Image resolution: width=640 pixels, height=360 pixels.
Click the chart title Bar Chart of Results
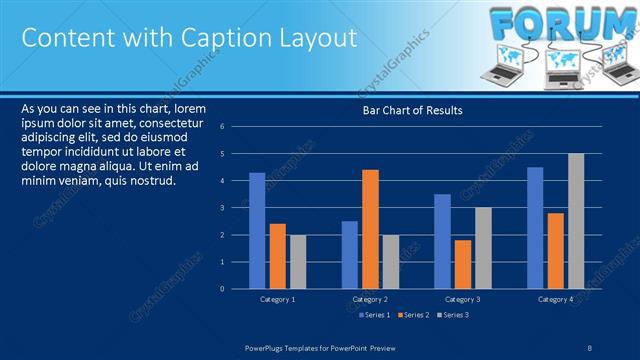pos(412,111)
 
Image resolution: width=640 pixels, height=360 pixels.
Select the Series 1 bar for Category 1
pos(257,230)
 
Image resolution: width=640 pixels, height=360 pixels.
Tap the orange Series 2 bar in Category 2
pos(370,228)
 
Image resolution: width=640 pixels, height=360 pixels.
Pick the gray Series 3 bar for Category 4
pos(576,220)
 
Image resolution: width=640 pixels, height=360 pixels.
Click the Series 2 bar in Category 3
pos(463,263)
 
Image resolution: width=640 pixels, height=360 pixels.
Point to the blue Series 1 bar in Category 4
pos(535,227)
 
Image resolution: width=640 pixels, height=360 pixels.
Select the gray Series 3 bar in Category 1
pos(298,261)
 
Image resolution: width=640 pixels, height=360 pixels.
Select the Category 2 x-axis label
pos(370,299)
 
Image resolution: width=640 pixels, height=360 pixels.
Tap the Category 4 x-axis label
pos(555,299)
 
